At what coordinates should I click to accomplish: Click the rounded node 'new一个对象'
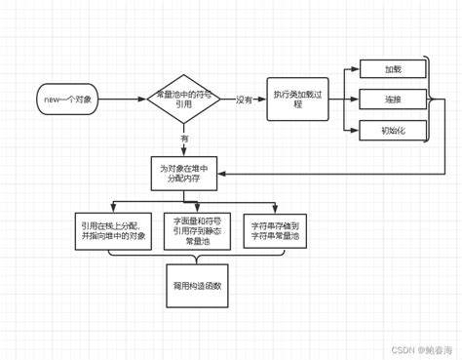pyautogui.click(x=67, y=100)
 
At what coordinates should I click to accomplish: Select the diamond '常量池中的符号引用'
pyautogui.click(x=184, y=100)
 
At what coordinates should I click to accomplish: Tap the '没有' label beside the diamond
pyautogui.click(x=244, y=100)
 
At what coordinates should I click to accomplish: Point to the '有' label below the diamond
pyautogui.click(x=184, y=139)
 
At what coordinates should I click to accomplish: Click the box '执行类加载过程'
pyautogui.click(x=297, y=100)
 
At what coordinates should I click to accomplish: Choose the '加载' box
pyautogui.click(x=393, y=68)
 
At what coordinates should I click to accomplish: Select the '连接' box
pyautogui.click(x=393, y=99)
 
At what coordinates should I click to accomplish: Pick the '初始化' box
pyautogui.click(x=393, y=130)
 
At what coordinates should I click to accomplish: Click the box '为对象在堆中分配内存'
pyautogui.click(x=184, y=174)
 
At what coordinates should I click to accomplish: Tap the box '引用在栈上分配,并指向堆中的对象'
pyautogui.click(x=113, y=231)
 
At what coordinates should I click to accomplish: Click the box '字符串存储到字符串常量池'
pyautogui.click(x=275, y=231)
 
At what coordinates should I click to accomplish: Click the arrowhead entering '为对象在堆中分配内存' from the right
pyautogui.click(x=223, y=174)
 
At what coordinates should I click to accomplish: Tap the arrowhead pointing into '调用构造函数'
pyautogui.click(x=198, y=260)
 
